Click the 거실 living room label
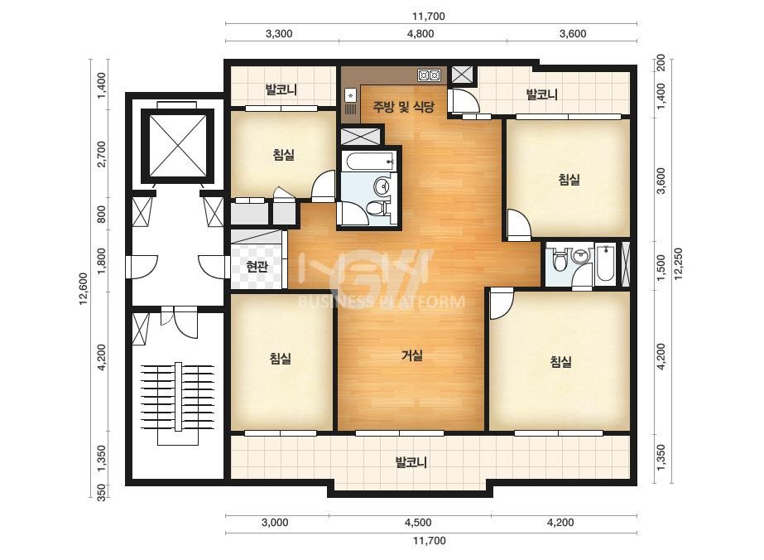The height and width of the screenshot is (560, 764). pos(411,355)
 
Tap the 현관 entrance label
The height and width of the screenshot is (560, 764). pos(257,267)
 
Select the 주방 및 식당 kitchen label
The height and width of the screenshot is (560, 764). pos(403,106)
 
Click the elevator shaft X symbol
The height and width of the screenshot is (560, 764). pos(177,147)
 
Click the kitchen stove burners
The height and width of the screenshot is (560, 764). pos(429,75)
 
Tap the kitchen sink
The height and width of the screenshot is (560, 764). pos(350,101)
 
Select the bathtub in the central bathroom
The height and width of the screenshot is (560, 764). pos(367,161)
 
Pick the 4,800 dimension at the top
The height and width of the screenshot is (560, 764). pos(420,34)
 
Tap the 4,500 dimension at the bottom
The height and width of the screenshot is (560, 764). pos(418,523)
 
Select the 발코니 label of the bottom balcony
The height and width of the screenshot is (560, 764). pos(411,462)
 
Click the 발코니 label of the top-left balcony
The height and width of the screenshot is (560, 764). pos(281,89)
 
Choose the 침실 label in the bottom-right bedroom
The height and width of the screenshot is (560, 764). pos(560,361)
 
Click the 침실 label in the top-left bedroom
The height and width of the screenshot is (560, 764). pos(284,155)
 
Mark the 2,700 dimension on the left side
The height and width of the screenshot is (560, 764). pos(101,153)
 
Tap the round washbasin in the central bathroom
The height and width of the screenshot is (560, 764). pos(382,186)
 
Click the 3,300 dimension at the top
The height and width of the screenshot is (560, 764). pos(279,34)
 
